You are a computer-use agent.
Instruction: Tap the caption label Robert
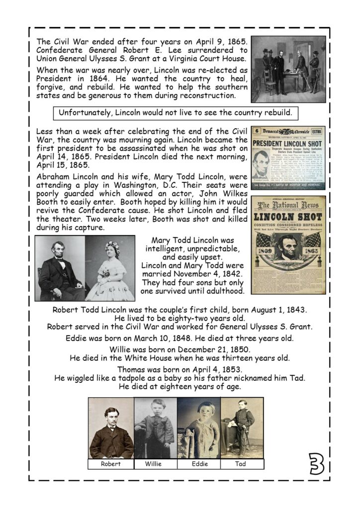[110, 464]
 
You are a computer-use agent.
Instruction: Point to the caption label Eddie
[199, 464]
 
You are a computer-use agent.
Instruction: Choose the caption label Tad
[242, 464]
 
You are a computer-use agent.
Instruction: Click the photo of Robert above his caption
[111, 427]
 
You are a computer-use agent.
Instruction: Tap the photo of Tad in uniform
[242, 427]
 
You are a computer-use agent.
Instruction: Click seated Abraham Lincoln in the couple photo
[61, 271]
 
